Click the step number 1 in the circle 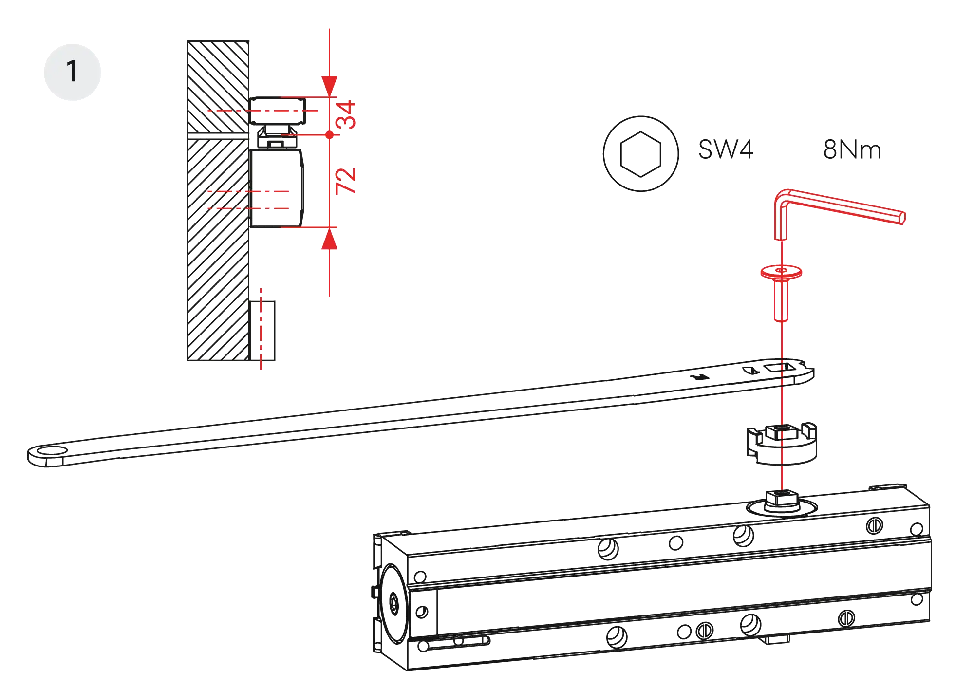pos(72,72)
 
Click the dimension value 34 pos(347,115)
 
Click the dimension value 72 pos(347,181)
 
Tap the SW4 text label pos(726,149)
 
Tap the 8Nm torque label pos(851,150)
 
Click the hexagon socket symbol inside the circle pos(640,153)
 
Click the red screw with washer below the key pos(781,292)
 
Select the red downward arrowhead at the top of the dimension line pos(329,86)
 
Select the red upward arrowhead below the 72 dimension pos(329,240)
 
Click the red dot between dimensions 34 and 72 pos(329,135)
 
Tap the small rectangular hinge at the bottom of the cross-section pos(263,331)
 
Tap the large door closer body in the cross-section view pos(277,188)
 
